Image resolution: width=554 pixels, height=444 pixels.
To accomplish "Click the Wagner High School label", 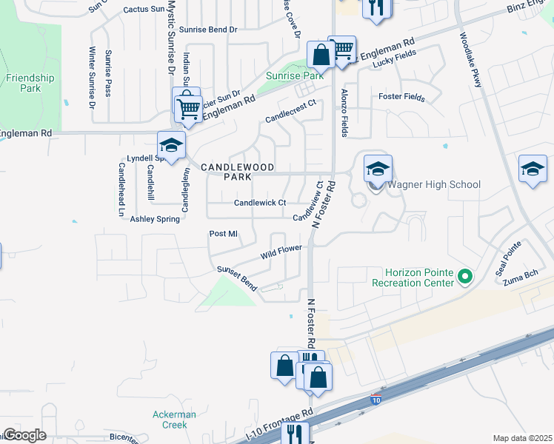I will tap(435, 184).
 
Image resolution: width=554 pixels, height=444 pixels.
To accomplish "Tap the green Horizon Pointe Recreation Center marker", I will tap(465, 277).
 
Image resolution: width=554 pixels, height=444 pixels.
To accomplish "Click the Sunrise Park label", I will tap(296, 75).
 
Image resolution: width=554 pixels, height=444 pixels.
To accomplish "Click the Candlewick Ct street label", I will tap(260, 203).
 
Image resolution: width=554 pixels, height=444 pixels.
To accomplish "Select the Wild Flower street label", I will tap(281, 252).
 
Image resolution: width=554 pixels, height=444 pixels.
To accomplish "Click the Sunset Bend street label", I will tap(236, 279).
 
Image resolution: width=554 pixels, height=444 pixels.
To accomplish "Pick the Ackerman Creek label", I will tap(174, 420).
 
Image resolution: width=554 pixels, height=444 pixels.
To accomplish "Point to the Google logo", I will tap(24, 435).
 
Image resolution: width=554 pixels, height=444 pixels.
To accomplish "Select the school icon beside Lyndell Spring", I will tap(171, 146).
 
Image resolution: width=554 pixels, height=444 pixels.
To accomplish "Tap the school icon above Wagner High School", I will tap(377, 169).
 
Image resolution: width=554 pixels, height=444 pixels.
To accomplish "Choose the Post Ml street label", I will tap(223, 234).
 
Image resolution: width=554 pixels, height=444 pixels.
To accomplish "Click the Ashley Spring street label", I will tap(155, 219).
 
